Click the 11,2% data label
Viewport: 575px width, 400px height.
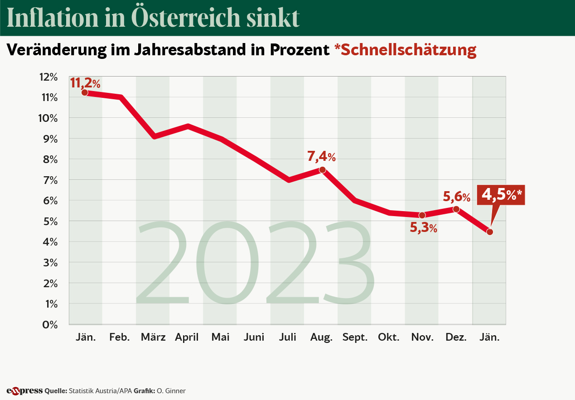tap(85, 83)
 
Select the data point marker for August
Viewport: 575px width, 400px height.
tap(322, 170)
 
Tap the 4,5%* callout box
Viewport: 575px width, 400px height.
tap(502, 194)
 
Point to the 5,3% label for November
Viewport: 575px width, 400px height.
tap(424, 228)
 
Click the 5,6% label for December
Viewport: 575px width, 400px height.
tap(456, 197)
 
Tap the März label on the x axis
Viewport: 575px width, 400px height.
tap(153, 337)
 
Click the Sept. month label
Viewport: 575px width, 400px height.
tap(355, 337)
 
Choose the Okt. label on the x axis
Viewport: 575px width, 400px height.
tap(389, 337)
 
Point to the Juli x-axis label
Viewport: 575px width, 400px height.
tap(288, 337)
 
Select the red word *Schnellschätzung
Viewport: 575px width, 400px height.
tap(405, 50)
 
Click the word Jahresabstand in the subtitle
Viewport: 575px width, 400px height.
tap(188, 50)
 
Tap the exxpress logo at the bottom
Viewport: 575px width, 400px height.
tap(24, 390)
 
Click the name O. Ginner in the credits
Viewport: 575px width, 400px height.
tap(171, 390)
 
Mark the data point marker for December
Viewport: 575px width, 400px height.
tap(456, 209)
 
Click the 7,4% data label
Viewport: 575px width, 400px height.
tap(322, 157)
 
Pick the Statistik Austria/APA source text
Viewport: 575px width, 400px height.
tap(100, 390)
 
